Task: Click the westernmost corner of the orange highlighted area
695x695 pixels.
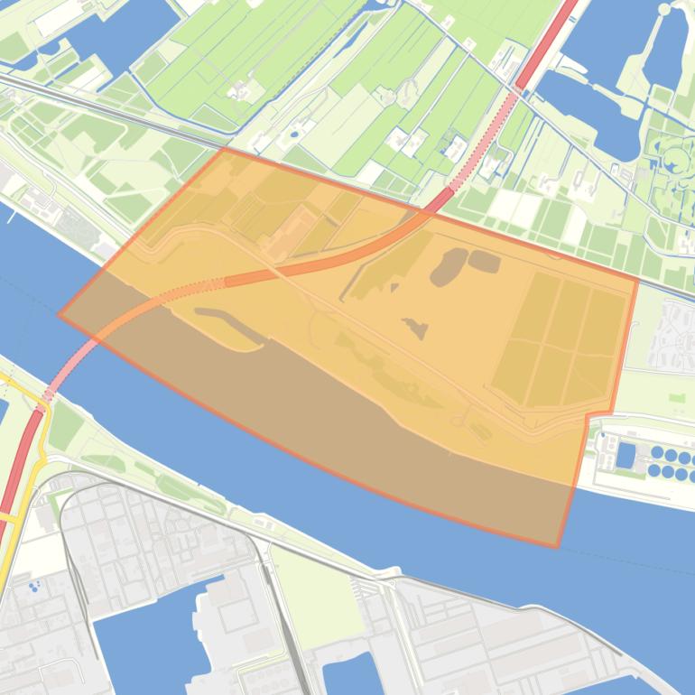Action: pyautogui.click(x=60, y=315)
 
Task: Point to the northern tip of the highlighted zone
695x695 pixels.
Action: pyautogui.click(x=223, y=148)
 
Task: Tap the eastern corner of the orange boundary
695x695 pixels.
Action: pyautogui.click(x=638, y=279)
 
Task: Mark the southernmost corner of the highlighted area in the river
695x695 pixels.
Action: pyautogui.click(x=557, y=546)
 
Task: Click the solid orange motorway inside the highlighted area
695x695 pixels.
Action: pyautogui.click(x=298, y=267)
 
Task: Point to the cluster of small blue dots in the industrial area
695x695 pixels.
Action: pyautogui.click(x=34, y=587)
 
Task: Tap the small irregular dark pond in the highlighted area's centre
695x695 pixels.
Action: pyautogui.click(x=416, y=328)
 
